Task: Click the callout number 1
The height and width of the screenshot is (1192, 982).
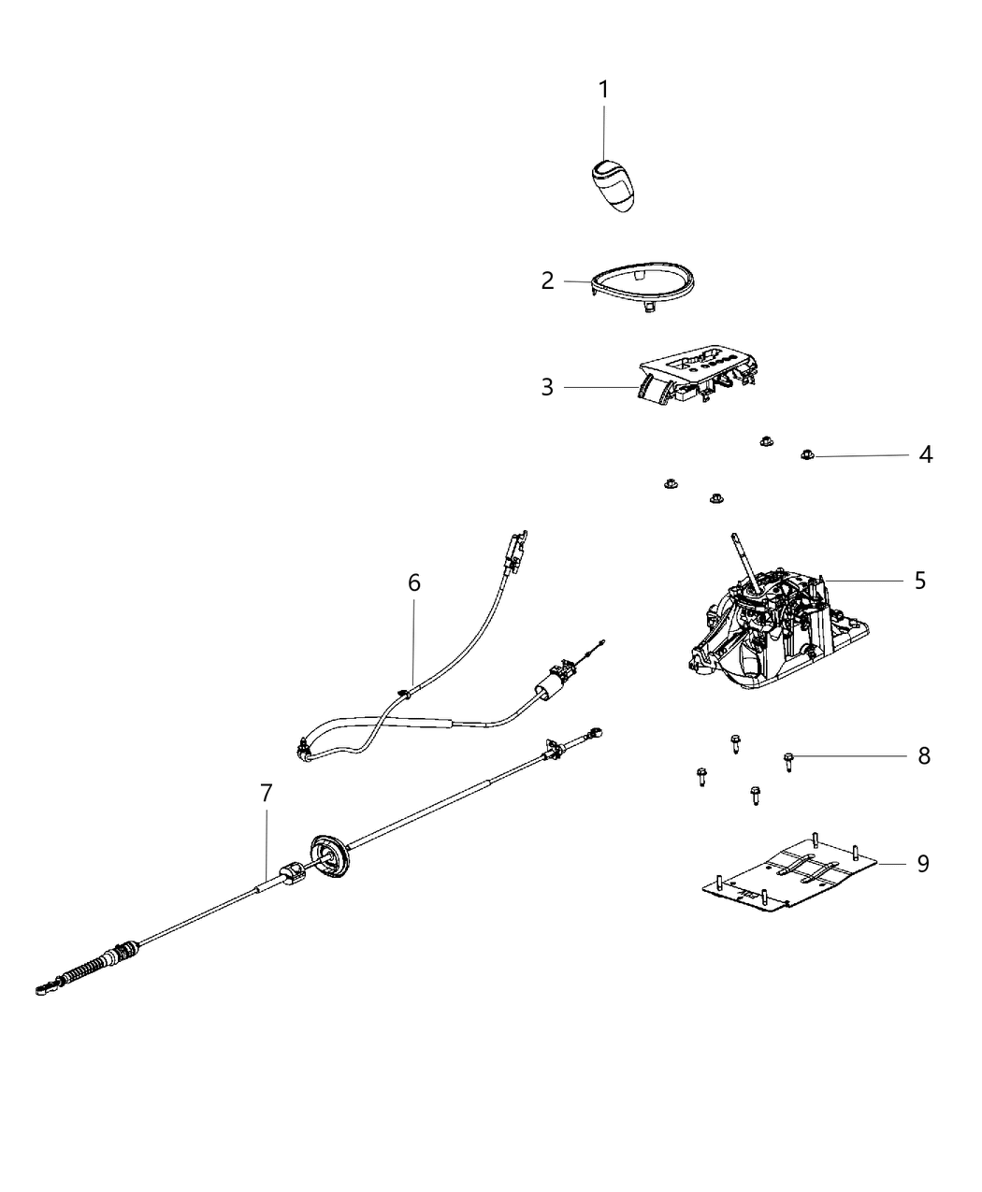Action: (x=603, y=90)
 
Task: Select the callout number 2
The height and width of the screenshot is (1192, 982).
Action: (x=548, y=280)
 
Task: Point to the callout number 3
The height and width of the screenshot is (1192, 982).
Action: (x=548, y=387)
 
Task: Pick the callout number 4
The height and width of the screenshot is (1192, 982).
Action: (x=925, y=455)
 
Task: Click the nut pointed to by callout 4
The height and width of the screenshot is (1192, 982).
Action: (x=807, y=455)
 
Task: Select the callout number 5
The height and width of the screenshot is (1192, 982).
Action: (x=920, y=581)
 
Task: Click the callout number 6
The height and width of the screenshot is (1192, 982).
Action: (x=413, y=583)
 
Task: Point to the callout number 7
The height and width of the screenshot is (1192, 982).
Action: (x=267, y=794)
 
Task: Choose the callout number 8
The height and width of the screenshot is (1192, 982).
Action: (x=924, y=755)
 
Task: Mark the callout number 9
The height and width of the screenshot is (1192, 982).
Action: (x=922, y=864)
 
